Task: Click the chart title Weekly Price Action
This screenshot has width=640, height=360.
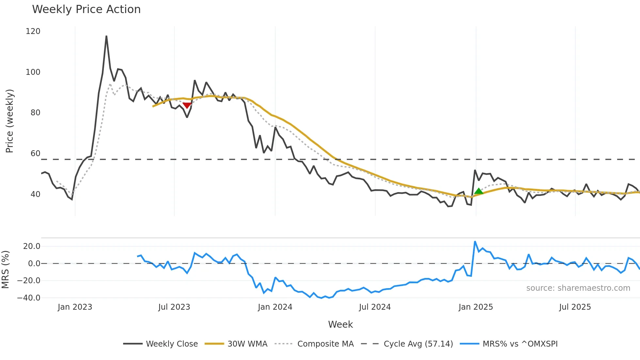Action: pyautogui.click(x=86, y=9)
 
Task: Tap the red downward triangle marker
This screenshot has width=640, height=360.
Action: pyautogui.click(x=187, y=105)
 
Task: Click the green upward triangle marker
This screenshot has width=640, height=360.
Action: pyautogui.click(x=478, y=191)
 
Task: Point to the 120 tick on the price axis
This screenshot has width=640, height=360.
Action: pyautogui.click(x=33, y=31)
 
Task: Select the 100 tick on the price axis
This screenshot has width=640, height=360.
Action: pyautogui.click(x=33, y=72)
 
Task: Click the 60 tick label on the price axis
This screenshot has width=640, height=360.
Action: pyautogui.click(x=35, y=154)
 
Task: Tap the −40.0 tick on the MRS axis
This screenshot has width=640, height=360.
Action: pyautogui.click(x=29, y=298)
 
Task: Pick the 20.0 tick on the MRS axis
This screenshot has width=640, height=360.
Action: pyautogui.click(x=32, y=246)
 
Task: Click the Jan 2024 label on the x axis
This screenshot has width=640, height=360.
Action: pyautogui.click(x=275, y=307)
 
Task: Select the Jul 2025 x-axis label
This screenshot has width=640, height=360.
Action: pyautogui.click(x=575, y=307)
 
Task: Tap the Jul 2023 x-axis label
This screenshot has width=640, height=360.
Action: pyautogui.click(x=174, y=307)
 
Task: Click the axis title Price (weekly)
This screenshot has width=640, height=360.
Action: pyautogui.click(x=9, y=121)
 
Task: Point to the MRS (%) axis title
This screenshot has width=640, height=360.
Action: pyautogui.click(x=5, y=270)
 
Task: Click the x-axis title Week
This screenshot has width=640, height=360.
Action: pyautogui.click(x=340, y=324)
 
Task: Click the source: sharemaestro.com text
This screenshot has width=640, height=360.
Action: pyautogui.click(x=578, y=288)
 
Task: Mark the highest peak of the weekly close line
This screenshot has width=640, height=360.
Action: pyautogui.click(x=106, y=36)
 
